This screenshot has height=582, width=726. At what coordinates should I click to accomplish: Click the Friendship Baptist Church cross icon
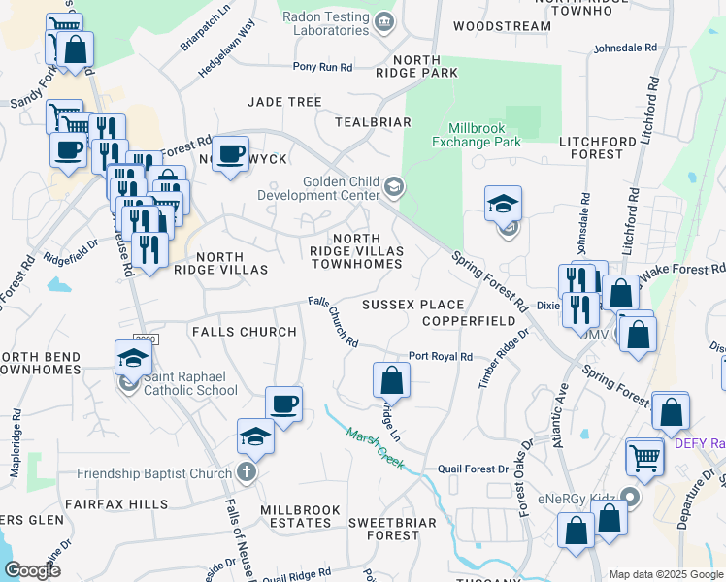tap(247, 472)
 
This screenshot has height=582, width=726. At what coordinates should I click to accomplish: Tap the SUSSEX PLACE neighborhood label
tap(412, 305)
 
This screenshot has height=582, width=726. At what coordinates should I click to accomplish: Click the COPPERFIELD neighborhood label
tap(468, 320)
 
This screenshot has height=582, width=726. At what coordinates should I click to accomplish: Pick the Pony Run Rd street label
tap(323, 68)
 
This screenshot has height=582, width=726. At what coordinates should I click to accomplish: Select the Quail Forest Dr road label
tap(473, 469)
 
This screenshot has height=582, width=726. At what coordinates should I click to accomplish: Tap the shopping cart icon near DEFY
tap(644, 455)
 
